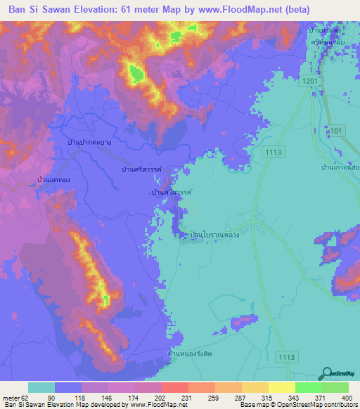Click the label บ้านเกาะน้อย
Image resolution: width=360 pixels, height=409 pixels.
[x=340, y=167]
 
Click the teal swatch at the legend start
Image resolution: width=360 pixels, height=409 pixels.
[x=41, y=387]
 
